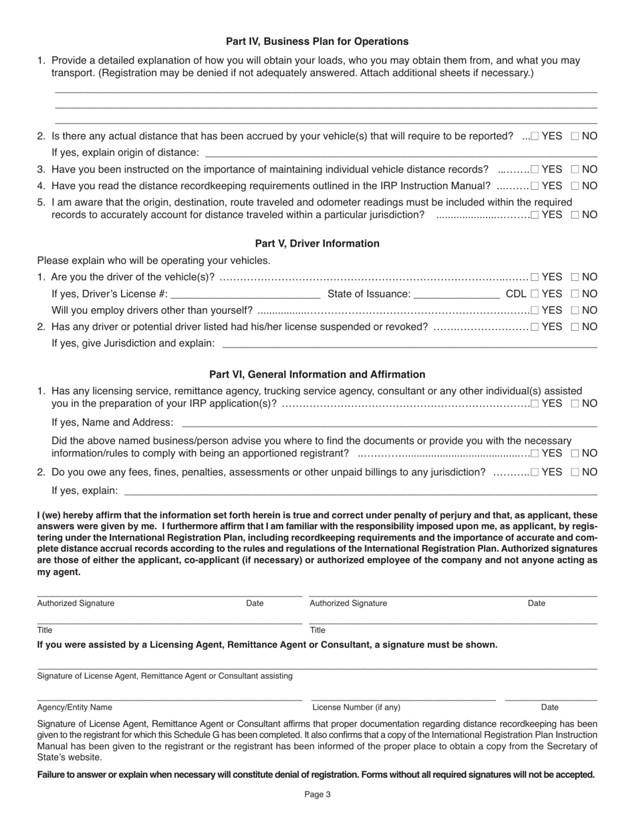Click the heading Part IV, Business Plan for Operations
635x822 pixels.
317,41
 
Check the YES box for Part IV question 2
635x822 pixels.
535,136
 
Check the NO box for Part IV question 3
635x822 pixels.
576,170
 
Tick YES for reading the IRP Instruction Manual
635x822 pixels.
535,186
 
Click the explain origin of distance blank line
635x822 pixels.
400,154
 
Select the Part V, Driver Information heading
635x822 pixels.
317,243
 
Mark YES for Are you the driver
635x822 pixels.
535,277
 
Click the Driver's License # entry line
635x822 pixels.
246,295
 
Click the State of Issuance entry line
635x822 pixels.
457,295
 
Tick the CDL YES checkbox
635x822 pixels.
535,294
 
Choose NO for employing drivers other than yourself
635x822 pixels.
576,311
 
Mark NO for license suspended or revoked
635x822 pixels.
576,327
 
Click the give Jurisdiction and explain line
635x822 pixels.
409,345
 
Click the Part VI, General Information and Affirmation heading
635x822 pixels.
317,374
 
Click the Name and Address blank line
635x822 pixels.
389,424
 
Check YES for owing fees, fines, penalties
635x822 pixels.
535,472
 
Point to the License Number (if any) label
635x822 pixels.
356,707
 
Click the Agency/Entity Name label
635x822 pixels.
75,707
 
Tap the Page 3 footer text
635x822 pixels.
317,795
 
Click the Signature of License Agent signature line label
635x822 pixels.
164,676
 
